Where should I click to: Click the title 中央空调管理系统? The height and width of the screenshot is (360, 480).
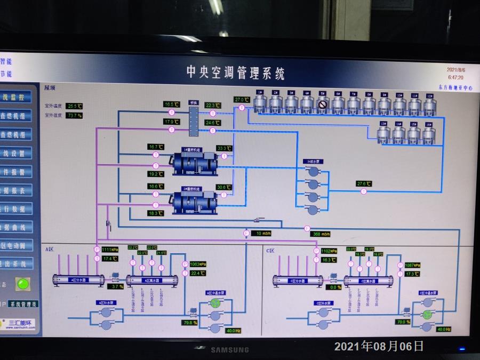tap(235, 73)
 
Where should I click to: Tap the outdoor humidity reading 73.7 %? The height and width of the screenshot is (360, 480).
tap(74, 115)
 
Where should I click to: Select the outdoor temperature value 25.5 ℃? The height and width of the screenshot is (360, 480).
tap(75, 106)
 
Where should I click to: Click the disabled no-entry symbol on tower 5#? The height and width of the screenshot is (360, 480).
tap(322, 105)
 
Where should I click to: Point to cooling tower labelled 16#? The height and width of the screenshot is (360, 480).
tap(429, 134)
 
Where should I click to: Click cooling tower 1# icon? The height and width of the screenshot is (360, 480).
tap(260, 102)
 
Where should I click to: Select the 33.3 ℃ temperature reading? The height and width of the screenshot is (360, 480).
tap(225, 148)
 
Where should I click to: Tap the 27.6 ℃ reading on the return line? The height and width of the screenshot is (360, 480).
tap(364, 184)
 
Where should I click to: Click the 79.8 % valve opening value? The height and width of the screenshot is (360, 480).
tap(190, 322)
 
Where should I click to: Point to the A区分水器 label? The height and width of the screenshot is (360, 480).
tap(78, 279)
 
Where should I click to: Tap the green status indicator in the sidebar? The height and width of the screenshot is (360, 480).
tap(22, 284)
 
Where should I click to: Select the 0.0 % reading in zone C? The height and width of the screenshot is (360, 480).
tap(335, 287)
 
